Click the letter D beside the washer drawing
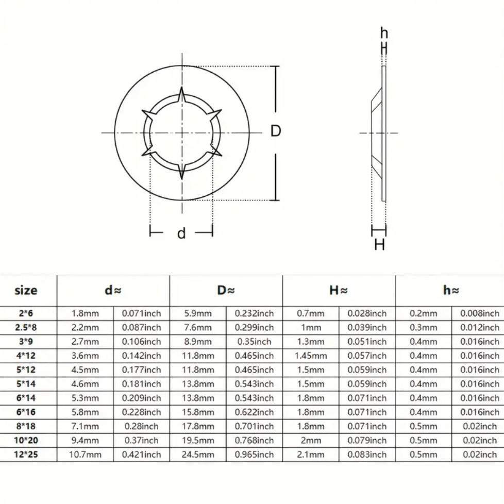276,131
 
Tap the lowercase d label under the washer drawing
181,233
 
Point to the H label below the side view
379,245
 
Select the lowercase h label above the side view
384,34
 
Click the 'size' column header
26,290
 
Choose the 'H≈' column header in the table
339,290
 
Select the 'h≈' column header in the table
451,290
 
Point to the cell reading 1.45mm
311,356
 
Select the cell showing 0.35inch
255,342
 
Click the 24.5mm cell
198,455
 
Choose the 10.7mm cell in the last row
85,455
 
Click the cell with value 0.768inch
255,441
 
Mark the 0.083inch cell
367,455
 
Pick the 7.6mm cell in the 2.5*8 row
198,327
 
